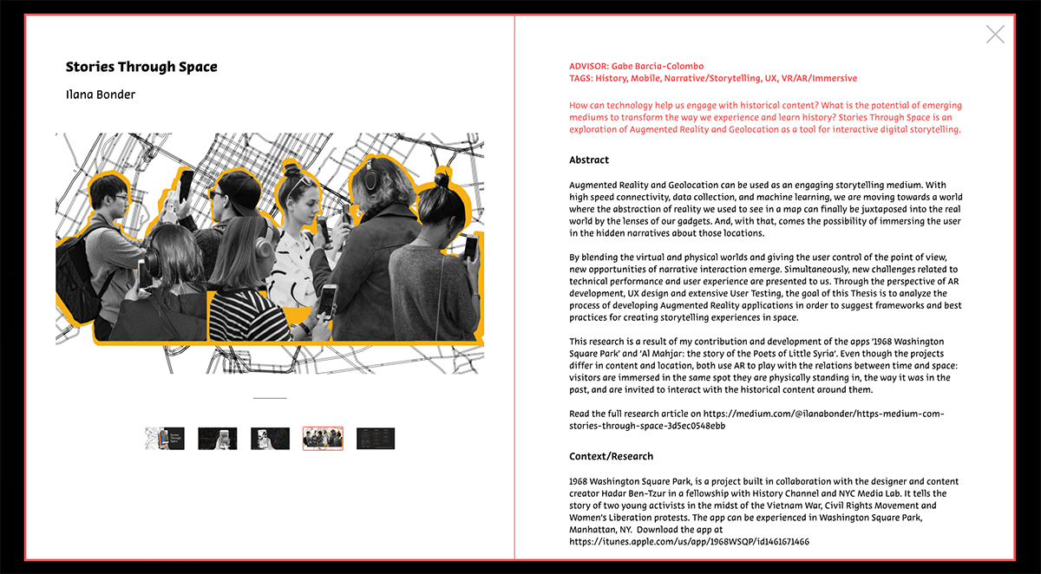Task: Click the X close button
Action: [x=995, y=35]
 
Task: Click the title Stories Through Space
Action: [x=141, y=67]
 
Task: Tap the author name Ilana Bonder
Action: [x=101, y=95]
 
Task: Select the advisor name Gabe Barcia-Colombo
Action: [x=658, y=66]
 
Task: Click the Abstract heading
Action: [x=589, y=160]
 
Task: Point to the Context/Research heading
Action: [x=611, y=456]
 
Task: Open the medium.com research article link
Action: [x=756, y=420]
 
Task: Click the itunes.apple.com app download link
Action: [x=689, y=542]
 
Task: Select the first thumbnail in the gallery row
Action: [x=165, y=439]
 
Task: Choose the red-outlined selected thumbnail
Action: [x=323, y=439]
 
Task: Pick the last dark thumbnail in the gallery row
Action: [x=376, y=439]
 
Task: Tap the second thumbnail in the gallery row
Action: [x=218, y=439]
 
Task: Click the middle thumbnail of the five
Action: [x=270, y=439]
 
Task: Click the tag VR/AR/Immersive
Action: [x=819, y=78]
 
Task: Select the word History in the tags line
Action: [x=612, y=78]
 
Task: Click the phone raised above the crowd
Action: [x=186, y=185]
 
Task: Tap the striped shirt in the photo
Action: [x=250, y=316]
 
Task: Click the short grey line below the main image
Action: [x=270, y=398]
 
